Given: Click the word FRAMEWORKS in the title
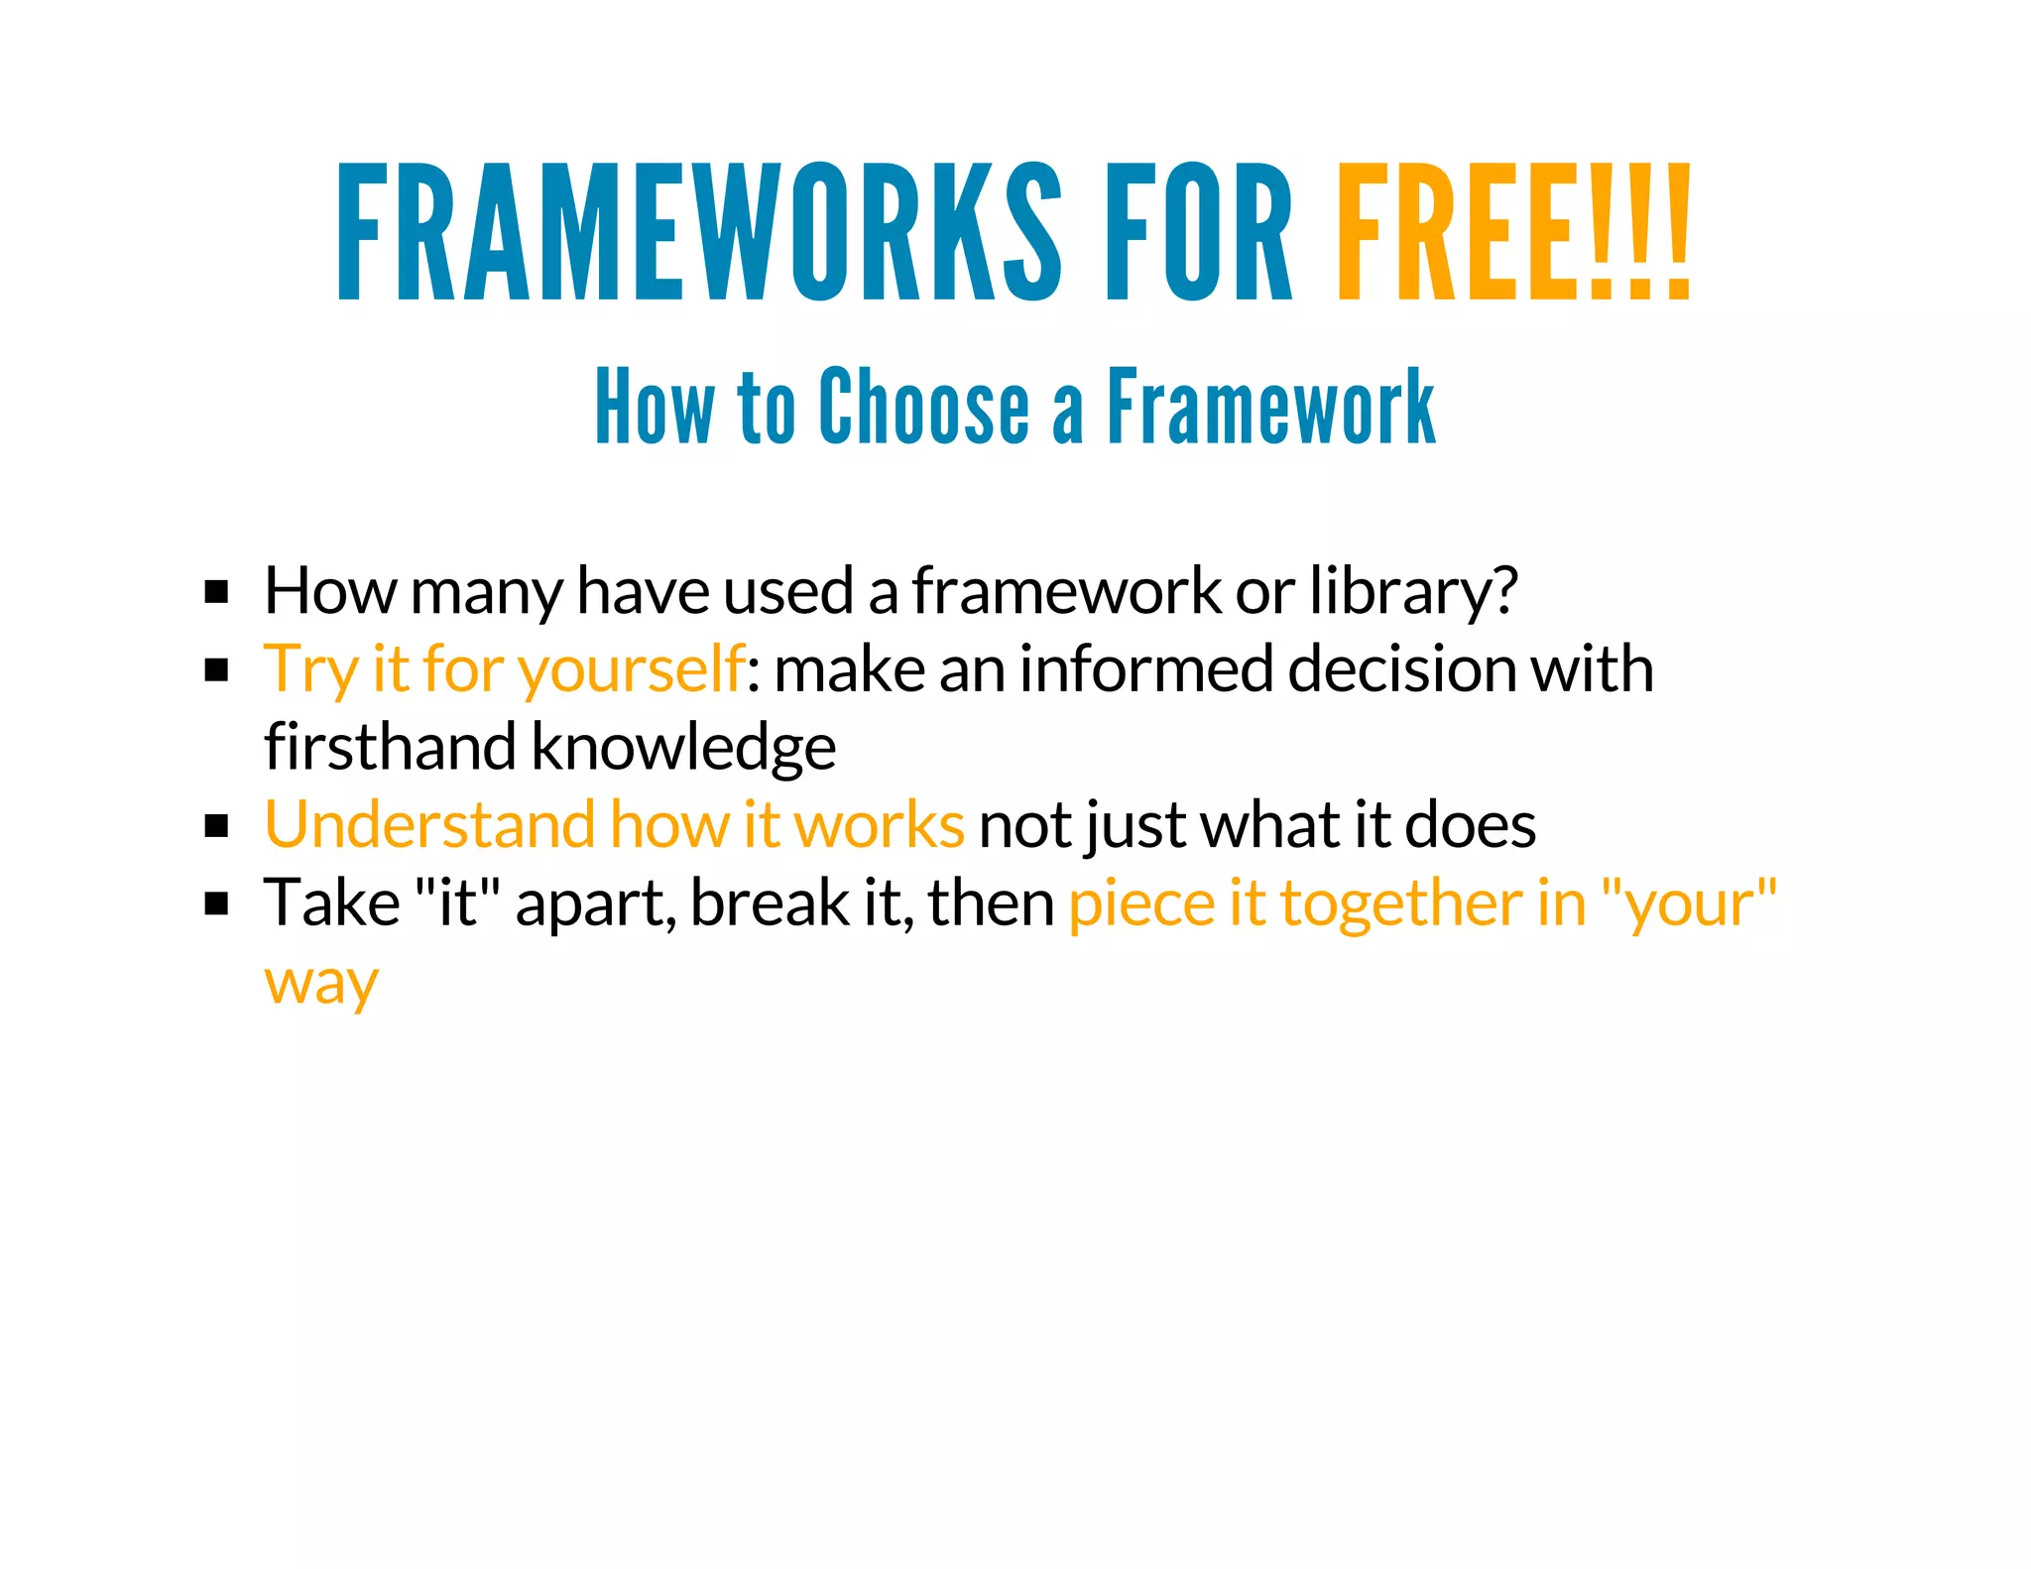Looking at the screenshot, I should click(699, 232).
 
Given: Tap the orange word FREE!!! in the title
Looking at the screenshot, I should click(1513, 232).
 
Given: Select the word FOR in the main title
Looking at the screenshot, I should click(1199, 232).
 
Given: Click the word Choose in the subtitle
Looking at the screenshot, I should click(924, 406).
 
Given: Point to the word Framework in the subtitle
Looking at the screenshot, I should click(1270, 406).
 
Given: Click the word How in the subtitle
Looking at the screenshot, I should click(654, 406).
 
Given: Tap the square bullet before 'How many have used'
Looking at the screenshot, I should click(216, 592).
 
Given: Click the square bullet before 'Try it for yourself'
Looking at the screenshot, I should click(216, 670).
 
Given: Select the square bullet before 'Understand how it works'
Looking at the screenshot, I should click(216, 826).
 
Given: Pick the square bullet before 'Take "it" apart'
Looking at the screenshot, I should click(216, 905).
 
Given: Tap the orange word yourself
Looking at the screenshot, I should click(631, 670).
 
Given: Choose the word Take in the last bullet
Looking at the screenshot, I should click(332, 903).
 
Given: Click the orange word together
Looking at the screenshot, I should click(1401, 905).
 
